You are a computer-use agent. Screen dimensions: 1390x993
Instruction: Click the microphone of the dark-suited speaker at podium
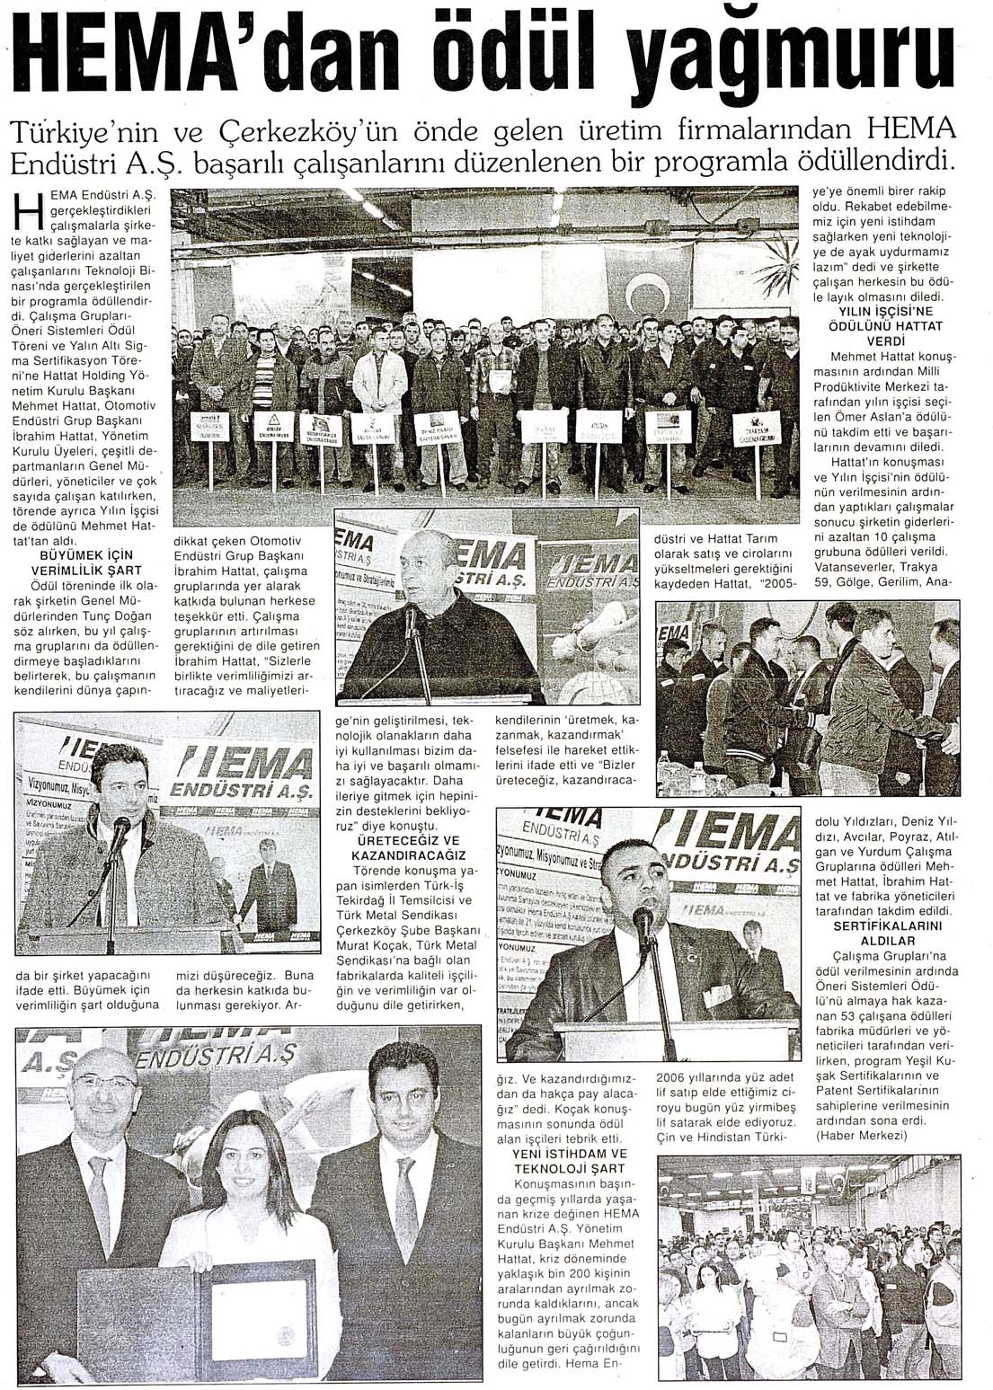(x=643, y=921)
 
